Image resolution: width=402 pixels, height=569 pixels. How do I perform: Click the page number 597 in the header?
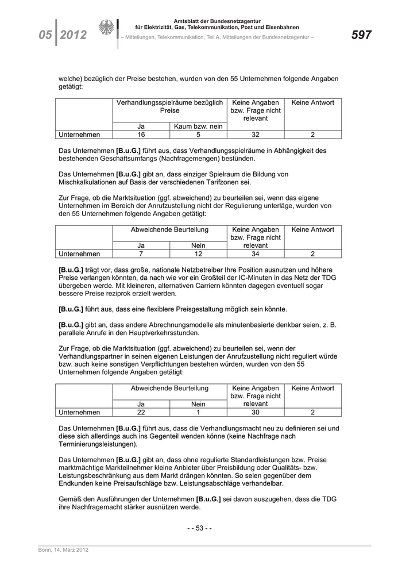(361, 34)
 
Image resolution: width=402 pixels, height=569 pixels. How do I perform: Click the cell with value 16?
(141, 134)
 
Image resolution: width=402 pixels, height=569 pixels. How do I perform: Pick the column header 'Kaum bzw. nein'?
(198, 126)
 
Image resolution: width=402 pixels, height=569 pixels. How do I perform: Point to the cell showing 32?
(256, 134)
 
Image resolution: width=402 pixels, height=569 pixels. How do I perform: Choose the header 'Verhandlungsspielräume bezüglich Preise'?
(169, 106)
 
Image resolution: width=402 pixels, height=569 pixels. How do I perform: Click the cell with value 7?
(141, 253)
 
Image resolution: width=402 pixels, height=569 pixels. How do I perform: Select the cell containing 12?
(198, 253)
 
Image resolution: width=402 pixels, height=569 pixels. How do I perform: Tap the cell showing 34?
(256, 253)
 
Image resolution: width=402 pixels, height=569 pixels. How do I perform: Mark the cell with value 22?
(141, 412)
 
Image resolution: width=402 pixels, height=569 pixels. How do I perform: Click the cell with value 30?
(256, 412)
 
